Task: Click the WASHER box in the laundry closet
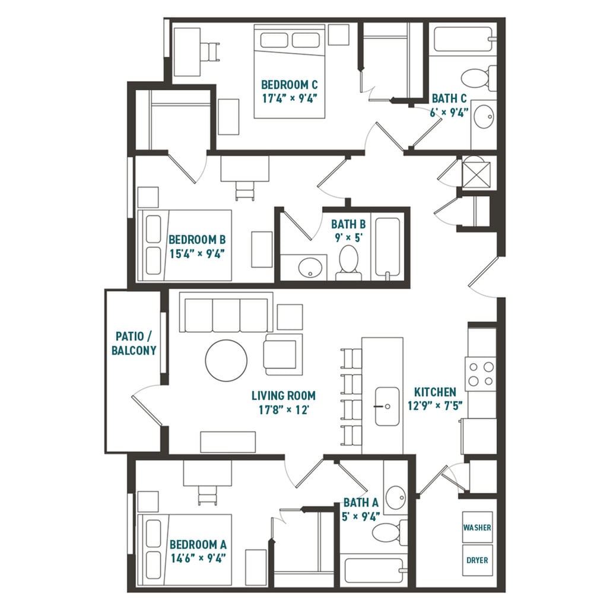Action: tap(477, 528)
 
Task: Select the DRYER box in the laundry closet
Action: tap(477, 560)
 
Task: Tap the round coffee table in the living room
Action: tap(226, 360)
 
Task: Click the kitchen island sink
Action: tap(387, 406)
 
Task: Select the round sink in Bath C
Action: tap(484, 117)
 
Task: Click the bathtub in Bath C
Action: tap(462, 39)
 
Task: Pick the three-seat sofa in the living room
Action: tap(225, 314)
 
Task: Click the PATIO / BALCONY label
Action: tap(134, 344)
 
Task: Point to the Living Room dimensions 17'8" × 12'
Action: tap(283, 409)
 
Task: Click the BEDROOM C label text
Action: tap(286, 85)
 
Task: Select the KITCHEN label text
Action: tap(435, 392)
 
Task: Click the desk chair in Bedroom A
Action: tap(207, 494)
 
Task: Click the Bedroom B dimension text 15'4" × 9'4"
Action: tap(196, 254)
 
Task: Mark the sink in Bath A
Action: tap(395, 494)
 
